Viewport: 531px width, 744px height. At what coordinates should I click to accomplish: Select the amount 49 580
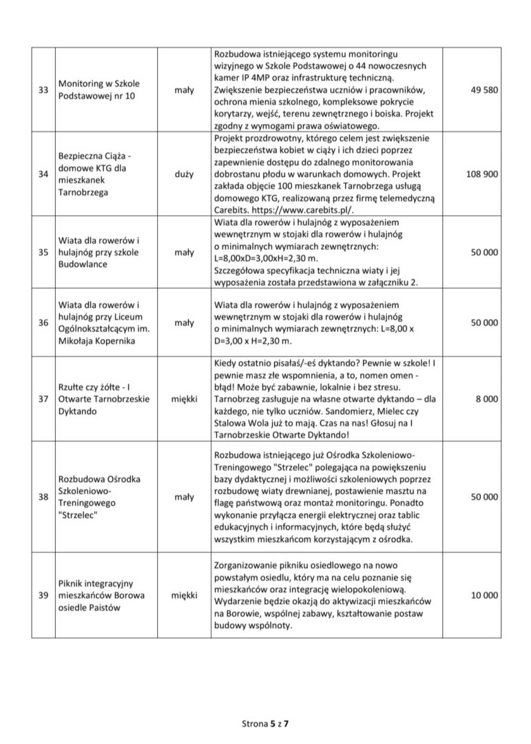482,90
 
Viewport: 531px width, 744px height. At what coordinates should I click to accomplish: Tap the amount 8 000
486,398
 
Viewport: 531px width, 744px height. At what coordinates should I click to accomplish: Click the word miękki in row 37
183,398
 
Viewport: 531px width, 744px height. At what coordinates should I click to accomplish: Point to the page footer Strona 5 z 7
265,724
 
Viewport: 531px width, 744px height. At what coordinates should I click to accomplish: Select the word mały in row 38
183,496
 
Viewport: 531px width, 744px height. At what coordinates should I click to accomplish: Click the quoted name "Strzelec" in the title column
78,515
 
